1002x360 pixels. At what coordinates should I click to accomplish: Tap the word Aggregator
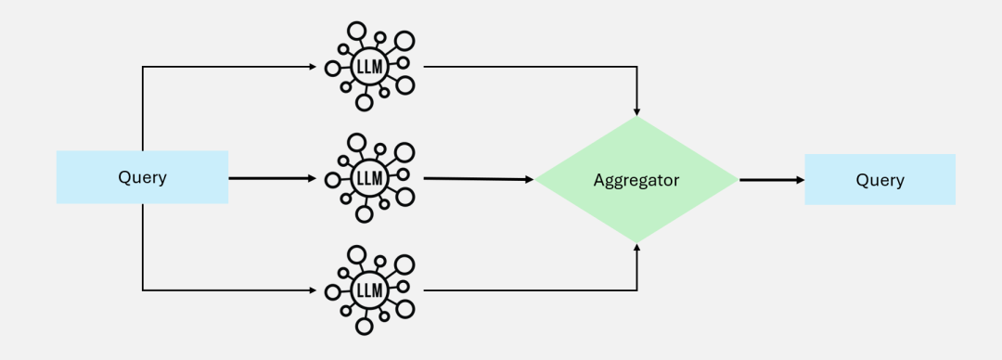(636, 180)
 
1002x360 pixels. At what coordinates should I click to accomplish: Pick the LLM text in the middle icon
(368, 177)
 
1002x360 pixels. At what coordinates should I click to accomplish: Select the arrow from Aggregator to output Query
(770, 179)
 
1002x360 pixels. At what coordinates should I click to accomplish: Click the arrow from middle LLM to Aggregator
(478, 178)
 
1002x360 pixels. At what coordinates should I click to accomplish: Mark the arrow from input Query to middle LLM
(269, 177)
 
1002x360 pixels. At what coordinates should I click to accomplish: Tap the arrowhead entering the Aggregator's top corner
(636, 110)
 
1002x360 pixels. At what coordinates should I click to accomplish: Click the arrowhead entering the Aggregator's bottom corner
(636, 249)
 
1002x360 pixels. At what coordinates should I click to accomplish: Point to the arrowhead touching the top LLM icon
(311, 67)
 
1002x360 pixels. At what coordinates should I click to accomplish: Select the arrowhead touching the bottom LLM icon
(311, 290)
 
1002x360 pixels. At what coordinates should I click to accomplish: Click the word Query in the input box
(142, 177)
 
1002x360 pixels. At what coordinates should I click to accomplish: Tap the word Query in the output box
(879, 180)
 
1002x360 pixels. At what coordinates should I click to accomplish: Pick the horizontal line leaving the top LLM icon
(529, 67)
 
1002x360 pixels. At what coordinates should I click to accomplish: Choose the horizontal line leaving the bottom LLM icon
(529, 290)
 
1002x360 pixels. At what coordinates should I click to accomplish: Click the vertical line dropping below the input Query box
(142, 246)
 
